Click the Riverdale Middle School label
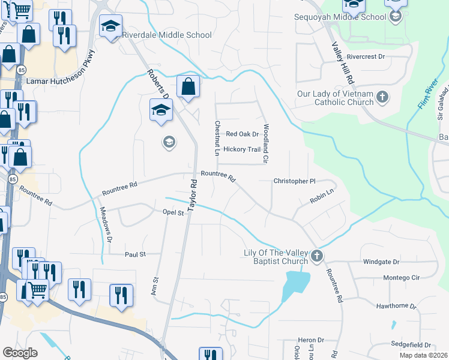point(166,35)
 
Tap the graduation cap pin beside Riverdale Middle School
point(110,27)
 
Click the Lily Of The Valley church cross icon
point(317,257)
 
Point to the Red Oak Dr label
point(242,134)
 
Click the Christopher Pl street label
point(294,181)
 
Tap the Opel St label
point(172,212)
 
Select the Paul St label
point(135,254)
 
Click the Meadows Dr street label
point(106,224)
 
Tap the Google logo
point(20,352)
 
